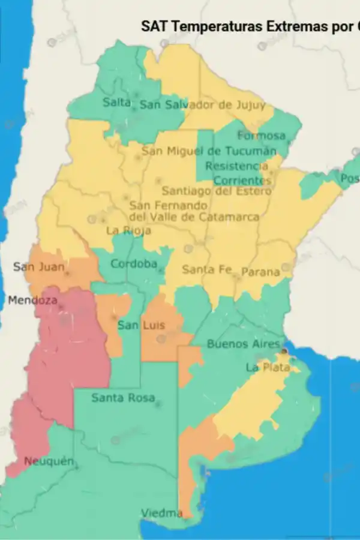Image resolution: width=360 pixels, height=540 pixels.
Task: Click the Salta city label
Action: (x=116, y=103)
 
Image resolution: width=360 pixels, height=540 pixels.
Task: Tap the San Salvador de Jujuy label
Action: (x=202, y=105)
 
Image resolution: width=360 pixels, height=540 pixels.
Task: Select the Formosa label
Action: (x=261, y=136)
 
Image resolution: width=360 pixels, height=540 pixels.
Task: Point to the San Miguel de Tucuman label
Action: (x=209, y=151)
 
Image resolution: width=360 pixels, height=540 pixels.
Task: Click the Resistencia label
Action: (x=236, y=166)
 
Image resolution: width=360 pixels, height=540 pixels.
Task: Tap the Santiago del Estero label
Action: (x=217, y=191)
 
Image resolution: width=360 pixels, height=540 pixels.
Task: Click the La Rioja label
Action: (x=128, y=230)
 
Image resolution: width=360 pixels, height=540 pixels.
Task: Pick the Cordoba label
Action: (x=134, y=264)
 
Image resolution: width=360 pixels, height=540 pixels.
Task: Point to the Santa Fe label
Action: (x=206, y=270)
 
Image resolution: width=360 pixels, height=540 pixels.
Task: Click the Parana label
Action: (x=260, y=272)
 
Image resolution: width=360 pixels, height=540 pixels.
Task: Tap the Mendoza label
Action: (x=32, y=300)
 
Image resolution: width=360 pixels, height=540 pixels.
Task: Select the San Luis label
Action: (x=140, y=325)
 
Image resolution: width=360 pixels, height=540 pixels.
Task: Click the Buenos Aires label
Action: (x=243, y=344)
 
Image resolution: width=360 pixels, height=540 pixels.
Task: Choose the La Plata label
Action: (x=268, y=367)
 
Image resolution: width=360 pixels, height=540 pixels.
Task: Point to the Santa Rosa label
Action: (x=123, y=398)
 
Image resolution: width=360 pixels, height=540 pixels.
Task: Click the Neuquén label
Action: (x=49, y=461)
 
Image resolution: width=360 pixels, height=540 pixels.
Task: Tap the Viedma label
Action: (x=161, y=513)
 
